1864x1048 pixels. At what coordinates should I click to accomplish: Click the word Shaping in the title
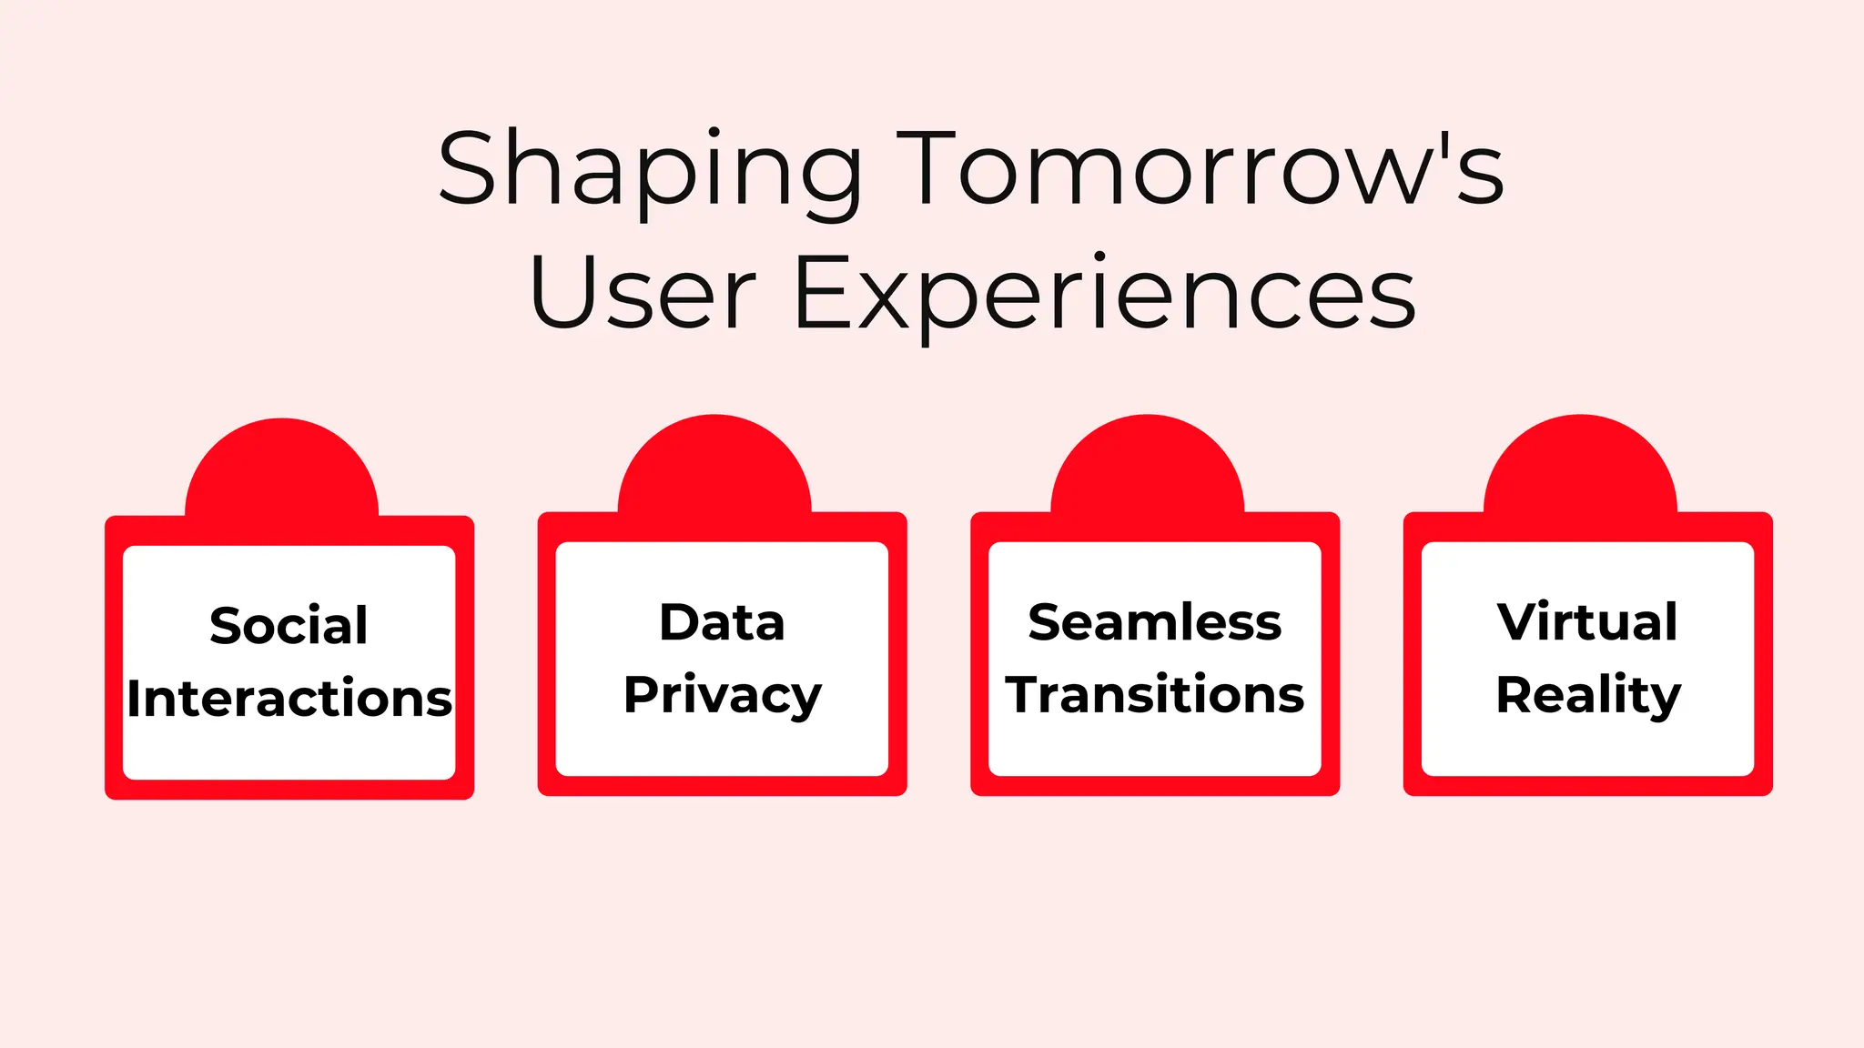649,170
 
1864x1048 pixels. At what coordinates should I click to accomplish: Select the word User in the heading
642,293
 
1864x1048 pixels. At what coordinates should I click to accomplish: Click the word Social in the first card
289,626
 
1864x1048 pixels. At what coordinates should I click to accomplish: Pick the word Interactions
289,699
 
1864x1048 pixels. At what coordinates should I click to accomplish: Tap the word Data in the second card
722,622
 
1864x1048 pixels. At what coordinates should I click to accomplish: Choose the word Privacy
722,697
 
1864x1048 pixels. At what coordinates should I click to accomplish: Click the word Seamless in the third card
1154,622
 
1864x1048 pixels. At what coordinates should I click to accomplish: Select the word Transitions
1154,695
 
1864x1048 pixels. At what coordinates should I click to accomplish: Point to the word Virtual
1587,622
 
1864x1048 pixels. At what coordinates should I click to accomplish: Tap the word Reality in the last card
1587,697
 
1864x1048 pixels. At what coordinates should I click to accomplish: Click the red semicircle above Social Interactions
282,473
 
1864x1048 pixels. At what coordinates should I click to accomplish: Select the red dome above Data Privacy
714,469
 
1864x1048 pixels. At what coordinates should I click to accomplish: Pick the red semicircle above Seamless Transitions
1148,469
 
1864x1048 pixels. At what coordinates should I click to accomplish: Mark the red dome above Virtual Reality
1581,469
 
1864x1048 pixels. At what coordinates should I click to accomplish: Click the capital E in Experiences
823,293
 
